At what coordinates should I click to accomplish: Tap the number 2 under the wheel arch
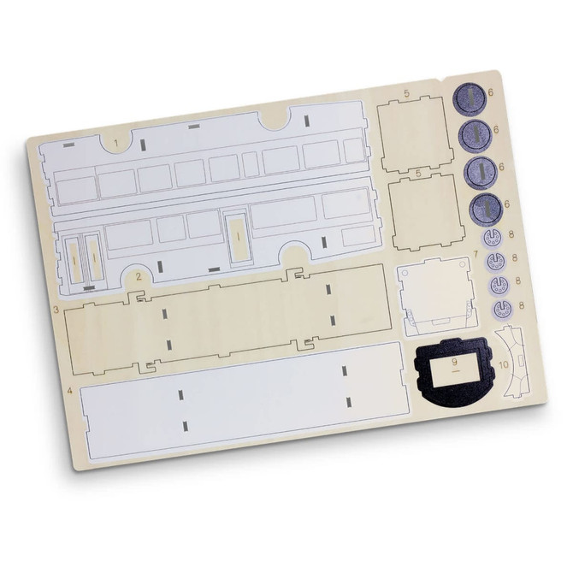tap(138, 275)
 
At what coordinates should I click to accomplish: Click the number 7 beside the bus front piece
tap(476, 254)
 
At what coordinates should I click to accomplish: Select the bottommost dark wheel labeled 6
tap(486, 206)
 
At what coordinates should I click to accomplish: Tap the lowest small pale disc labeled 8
tap(499, 305)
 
